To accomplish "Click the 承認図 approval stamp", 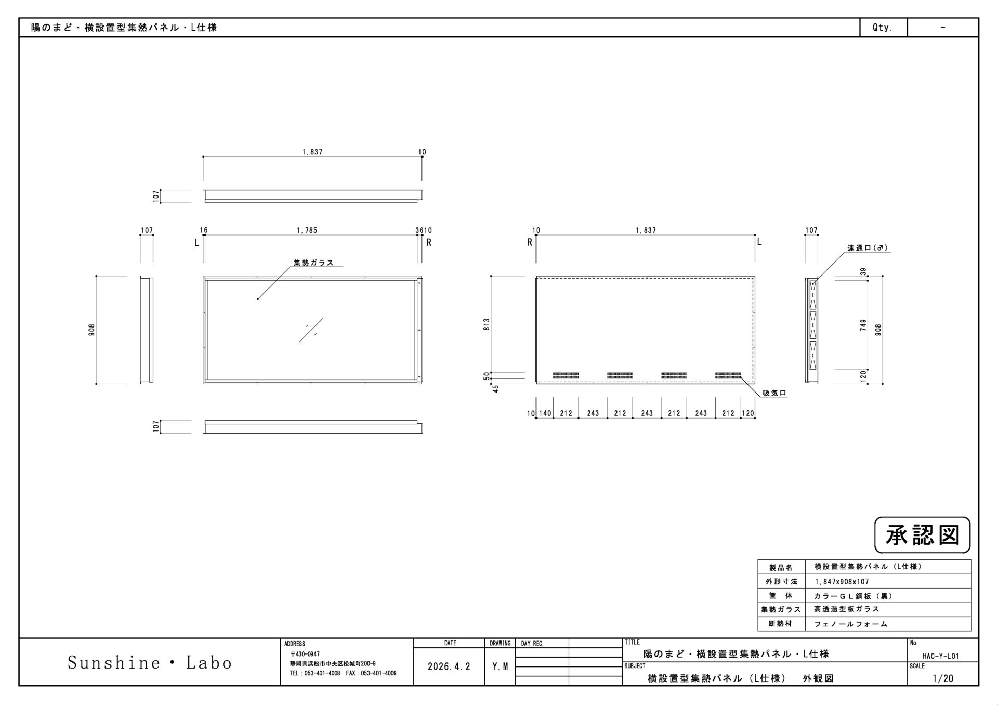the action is click(x=922, y=535).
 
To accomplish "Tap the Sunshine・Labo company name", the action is click(x=150, y=662).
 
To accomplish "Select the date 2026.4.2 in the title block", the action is click(x=449, y=666).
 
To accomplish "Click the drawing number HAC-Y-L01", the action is click(x=941, y=656).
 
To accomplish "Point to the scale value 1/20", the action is click(x=943, y=678).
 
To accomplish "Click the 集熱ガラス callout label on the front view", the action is click(x=313, y=263).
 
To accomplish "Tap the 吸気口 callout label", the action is click(x=774, y=394).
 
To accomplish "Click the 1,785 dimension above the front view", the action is click(x=307, y=230).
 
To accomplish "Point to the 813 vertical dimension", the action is click(x=487, y=325).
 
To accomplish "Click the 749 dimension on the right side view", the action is click(x=863, y=325).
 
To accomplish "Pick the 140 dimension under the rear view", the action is click(x=545, y=413).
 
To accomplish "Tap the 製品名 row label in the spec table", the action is click(x=781, y=568).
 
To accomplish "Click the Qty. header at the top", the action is click(x=882, y=28).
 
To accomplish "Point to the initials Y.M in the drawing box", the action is click(x=500, y=666).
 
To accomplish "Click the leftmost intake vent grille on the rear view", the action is click(x=566, y=375).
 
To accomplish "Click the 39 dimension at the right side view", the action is click(x=863, y=271).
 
